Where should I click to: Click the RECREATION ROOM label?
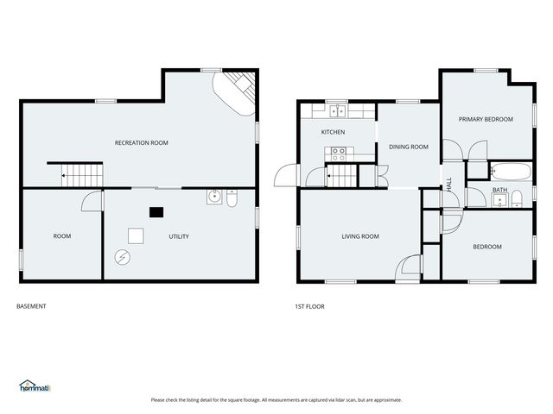click(x=141, y=142)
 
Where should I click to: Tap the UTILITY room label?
click(x=179, y=236)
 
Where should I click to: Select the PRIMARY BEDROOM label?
click(x=486, y=119)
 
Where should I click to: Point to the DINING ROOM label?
click(x=409, y=147)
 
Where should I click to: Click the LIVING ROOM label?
click(x=360, y=236)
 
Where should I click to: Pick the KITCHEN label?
click(x=333, y=132)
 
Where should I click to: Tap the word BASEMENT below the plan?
click(x=31, y=306)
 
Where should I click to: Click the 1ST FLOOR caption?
click(x=309, y=307)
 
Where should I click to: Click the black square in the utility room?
click(x=156, y=212)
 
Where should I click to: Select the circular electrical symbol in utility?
click(x=123, y=258)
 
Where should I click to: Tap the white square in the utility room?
click(x=136, y=235)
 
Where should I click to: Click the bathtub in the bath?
click(x=511, y=172)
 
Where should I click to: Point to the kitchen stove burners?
click(x=339, y=154)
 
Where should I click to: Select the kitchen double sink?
click(x=338, y=111)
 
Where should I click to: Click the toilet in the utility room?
click(x=232, y=198)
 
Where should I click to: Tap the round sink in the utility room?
click(x=214, y=198)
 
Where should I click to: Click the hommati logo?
click(x=35, y=386)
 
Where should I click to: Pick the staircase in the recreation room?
click(x=82, y=175)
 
